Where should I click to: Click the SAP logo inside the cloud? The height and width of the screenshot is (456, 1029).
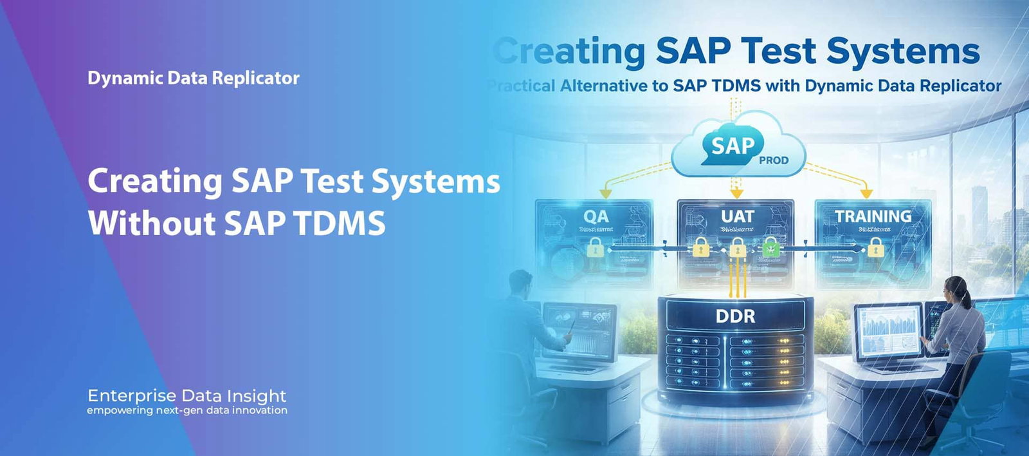click(x=732, y=146)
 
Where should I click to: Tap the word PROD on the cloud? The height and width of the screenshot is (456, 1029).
click(x=773, y=160)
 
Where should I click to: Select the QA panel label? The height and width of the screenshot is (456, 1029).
click(x=596, y=216)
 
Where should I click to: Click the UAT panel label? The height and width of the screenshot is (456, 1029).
click(x=737, y=216)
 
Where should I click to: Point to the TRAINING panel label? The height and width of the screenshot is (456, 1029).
click(x=873, y=216)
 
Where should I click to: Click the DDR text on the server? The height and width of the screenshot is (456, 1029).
click(x=735, y=316)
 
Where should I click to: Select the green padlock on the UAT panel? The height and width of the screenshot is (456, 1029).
click(x=770, y=247)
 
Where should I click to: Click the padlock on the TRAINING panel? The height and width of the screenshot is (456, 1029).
click(x=875, y=247)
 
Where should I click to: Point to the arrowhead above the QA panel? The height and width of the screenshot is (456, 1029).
click(x=605, y=193)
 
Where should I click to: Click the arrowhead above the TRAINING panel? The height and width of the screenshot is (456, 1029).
click(x=866, y=193)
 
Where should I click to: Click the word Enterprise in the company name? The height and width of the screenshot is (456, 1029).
click(x=132, y=395)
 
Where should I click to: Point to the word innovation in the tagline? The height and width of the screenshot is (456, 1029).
click(x=259, y=410)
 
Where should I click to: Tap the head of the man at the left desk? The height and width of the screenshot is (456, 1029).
click(x=520, y=281)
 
